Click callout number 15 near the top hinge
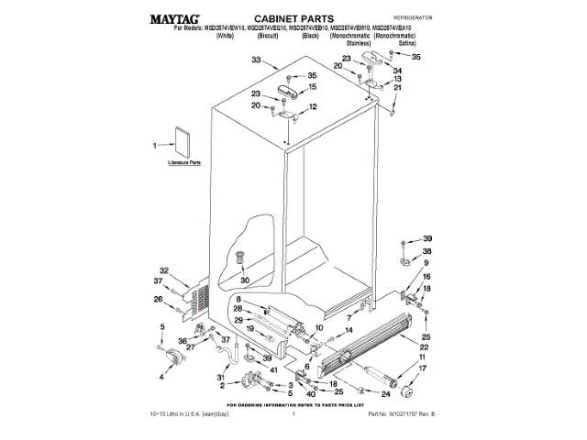pos(312,88)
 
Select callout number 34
pos(397,70)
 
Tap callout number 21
pos(397,88)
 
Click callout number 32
pos(164,270)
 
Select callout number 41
pos(273,370)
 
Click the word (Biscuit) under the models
pos(241,45)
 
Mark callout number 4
pos(162,376)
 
